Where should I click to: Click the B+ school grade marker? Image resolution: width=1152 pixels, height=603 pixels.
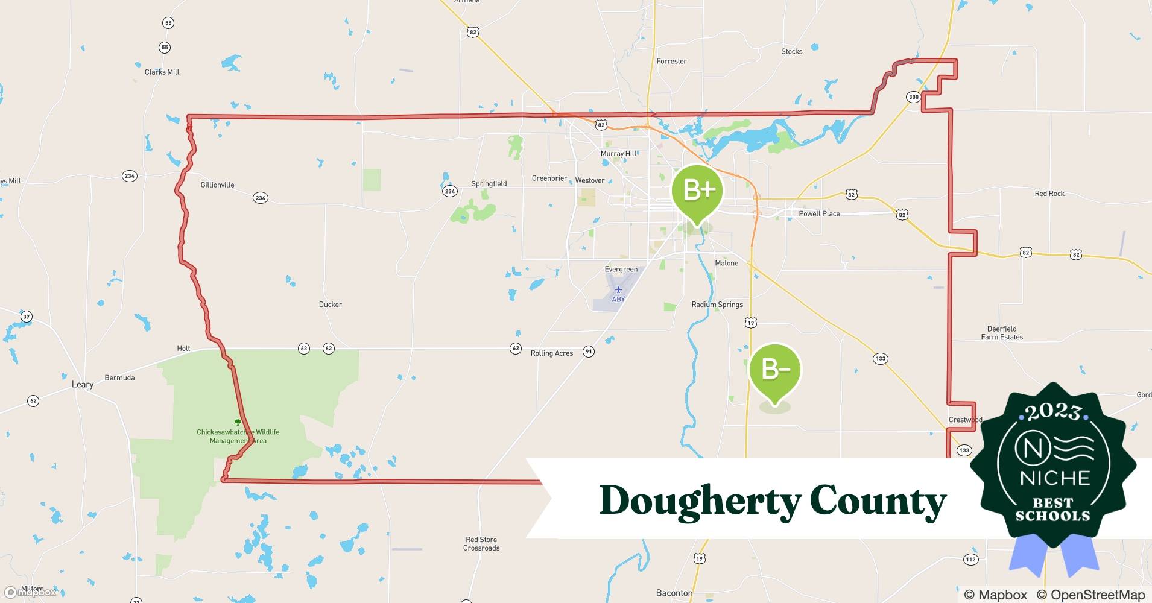pos(698,191)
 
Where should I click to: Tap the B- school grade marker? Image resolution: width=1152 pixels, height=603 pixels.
pos(775,369)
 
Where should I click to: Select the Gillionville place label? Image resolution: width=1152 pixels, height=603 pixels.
pos(217,185)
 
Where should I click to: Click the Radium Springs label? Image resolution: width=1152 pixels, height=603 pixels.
pos(717,305)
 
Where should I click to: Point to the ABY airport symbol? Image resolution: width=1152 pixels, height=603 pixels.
pos(618,290)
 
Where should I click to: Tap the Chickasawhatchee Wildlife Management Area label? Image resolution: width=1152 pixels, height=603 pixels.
pos(238,436)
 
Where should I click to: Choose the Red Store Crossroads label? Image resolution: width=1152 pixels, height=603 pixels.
pos(481,544)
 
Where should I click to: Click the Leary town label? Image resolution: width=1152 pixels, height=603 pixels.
pos(83,384)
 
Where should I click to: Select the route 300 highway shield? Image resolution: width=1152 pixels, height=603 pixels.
pos(913,97)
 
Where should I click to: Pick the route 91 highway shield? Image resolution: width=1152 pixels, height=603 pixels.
pos(589,352)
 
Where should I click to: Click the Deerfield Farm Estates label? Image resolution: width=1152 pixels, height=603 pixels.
pos(1002,333)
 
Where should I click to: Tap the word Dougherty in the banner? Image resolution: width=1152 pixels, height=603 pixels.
pos(700,501)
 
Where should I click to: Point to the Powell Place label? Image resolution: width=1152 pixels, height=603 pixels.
pos(819,213)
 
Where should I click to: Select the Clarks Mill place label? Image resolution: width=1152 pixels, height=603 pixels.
pos(162,72)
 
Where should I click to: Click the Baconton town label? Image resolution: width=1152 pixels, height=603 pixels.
pos(674,593)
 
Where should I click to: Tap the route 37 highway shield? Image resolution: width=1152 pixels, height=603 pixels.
pos(26,317)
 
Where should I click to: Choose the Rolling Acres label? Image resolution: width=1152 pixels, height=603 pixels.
pos(551,353)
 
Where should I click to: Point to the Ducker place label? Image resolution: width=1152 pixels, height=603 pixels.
pos(330,305)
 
